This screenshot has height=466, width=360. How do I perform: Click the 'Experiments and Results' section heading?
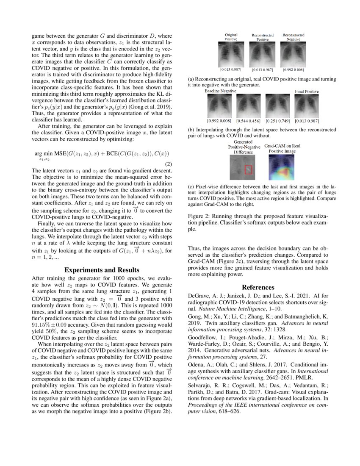(x=101, y=270)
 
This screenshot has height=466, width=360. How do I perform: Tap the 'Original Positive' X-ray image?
(x=231, y=54)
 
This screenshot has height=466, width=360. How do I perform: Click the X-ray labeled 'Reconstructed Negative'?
(x=293, y=54)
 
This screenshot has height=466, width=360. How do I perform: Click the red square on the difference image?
(x=249, y=169)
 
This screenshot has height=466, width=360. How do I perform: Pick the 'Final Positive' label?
(x=307, y=91)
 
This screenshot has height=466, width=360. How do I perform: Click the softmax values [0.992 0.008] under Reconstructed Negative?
(x=293, y=69)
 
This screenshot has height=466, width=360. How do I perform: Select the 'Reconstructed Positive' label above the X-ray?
(x=262, y=37)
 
